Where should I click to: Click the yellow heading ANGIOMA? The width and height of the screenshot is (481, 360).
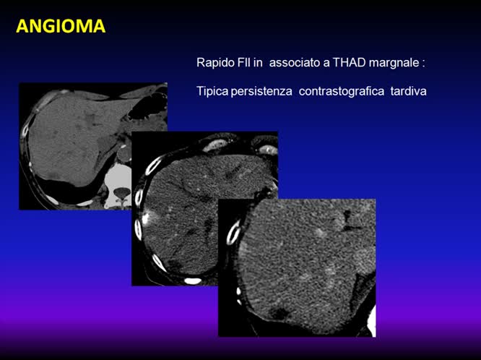pyautogui.click(x=61, y=27)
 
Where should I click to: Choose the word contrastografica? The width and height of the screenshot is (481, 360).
pyautogui.click(x=343, y=92)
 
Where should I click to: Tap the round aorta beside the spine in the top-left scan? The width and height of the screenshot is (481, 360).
pyautogui.click(x=125, y=153)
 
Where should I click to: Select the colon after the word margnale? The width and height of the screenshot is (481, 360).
pyautogui.click(x=424, y=64)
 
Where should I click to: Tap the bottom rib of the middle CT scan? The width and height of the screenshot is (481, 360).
pyautogui.click(x=193, y=280)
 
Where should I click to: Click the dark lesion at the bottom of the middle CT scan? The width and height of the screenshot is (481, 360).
pyautogui.click(x=175, y=262)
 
